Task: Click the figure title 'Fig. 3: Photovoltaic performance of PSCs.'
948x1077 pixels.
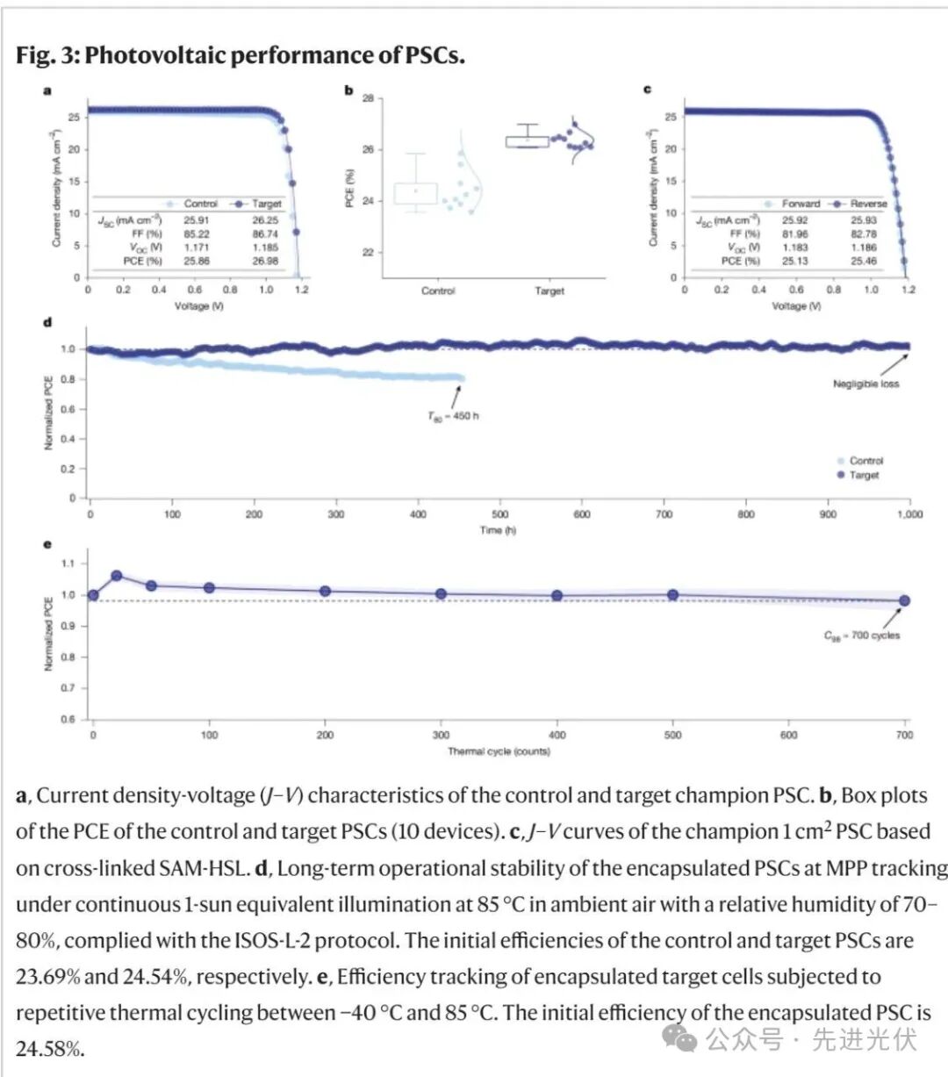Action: pyautogui.click(x=240, y=55)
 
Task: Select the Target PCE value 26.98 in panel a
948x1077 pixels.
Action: pyautogui.click(x=265, y=262)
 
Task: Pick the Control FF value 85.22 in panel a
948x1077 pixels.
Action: pyautogui.click(x=197, y=234)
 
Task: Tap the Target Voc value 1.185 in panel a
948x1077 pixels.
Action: pyautogui.click(x=265, y=248)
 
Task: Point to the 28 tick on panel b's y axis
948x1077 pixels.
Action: pyautogui.click(x=368, y=98)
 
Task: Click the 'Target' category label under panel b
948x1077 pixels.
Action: pyautogui.click(x=549, y=291)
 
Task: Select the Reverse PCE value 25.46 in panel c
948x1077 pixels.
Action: pyautogui.click(x=864, y=261)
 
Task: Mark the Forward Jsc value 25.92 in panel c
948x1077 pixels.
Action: pyautogui.click(x=795, y=220)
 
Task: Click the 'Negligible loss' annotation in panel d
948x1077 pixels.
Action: pyautogui.click(x=865, y=384)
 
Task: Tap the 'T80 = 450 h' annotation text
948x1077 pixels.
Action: pyautogui.click(x=453, y=416)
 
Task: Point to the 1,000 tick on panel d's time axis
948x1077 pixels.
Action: pyautogui.click(x=909, y=514)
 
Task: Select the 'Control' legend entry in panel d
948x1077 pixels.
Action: pyautogui.click(x=865, y=461)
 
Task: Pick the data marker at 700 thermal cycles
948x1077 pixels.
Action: pyautogui.click(x=904, y=601)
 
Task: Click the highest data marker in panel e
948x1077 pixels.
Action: pyautogui.click(x=116, y=576)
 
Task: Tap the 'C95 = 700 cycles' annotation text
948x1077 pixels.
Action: pyautogui.click(x=861, y=635)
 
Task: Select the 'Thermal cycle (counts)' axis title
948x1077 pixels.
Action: pyautogui.click(x=498, y=751)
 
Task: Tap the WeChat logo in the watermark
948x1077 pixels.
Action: pyautogui.click(x=680, y=1039)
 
